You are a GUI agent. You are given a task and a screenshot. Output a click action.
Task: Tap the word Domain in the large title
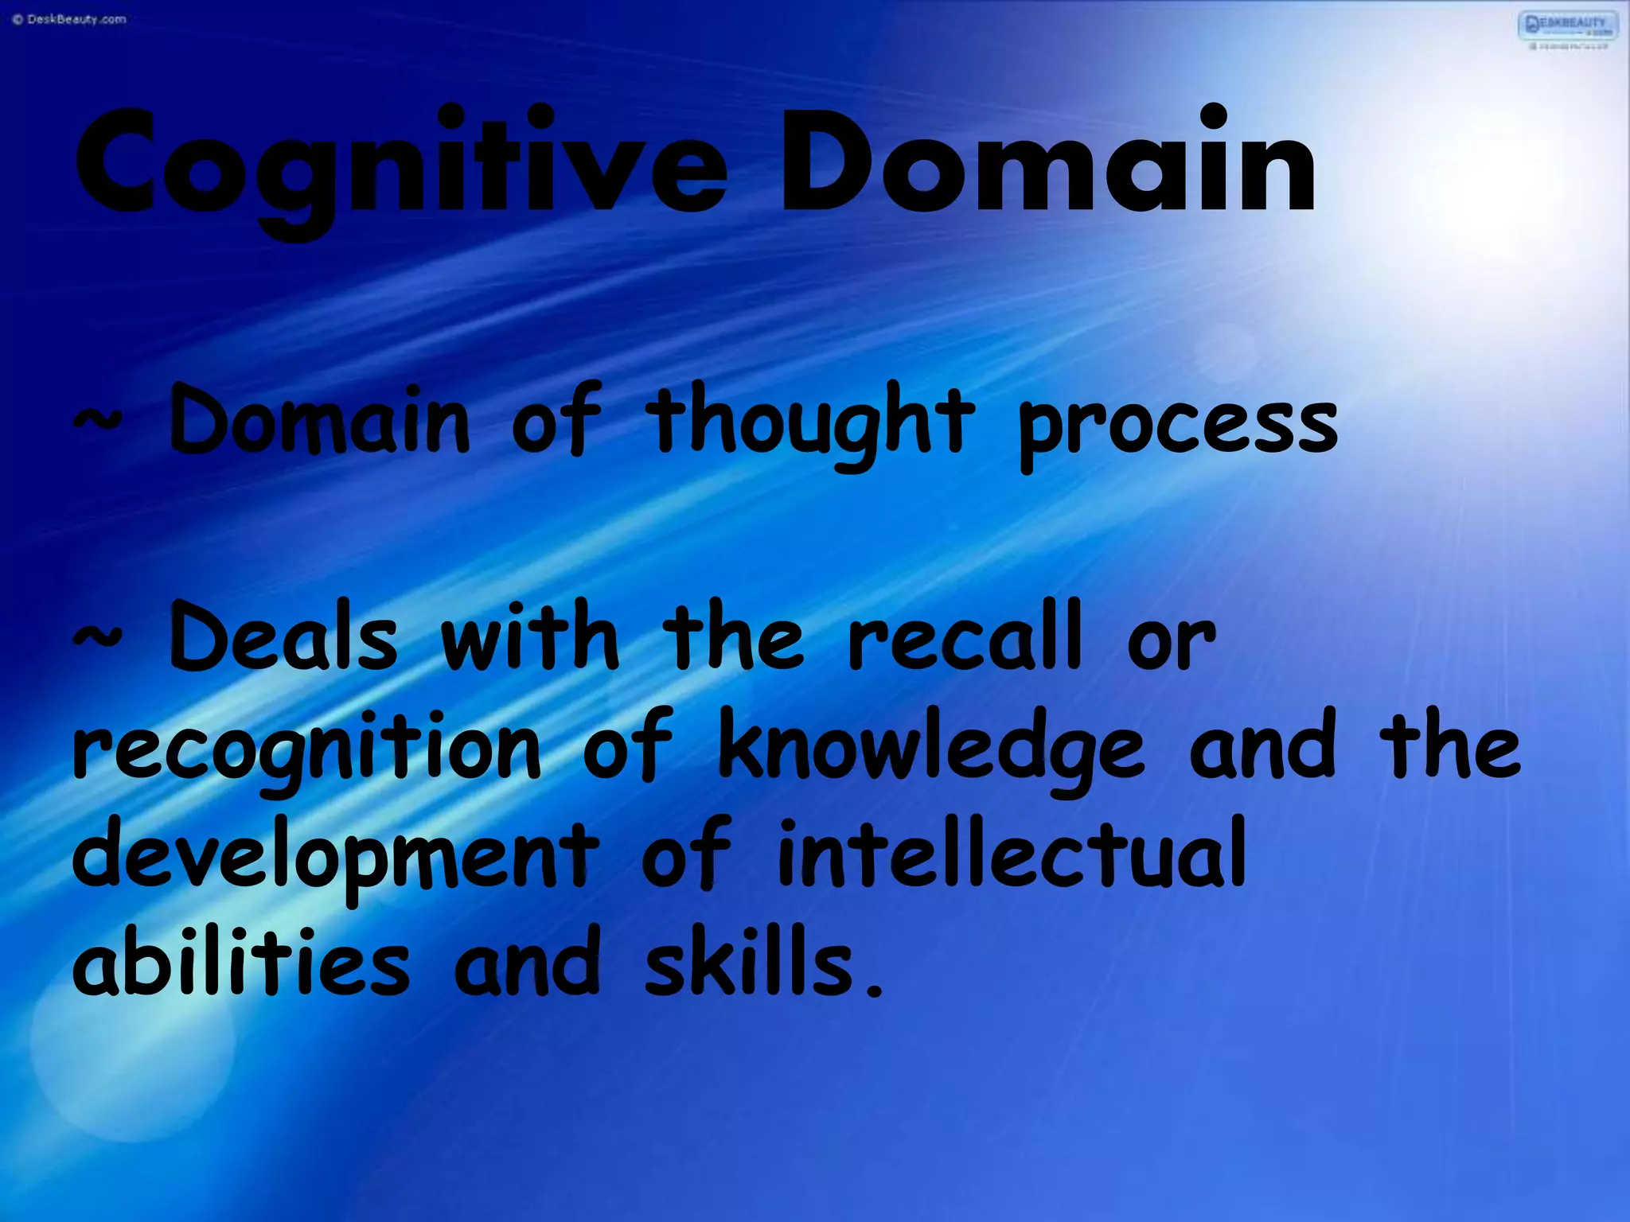[x=1047, y=163]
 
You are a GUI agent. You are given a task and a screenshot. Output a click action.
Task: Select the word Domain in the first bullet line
[x=319, y=422]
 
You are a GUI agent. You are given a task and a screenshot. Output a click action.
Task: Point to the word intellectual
[x=1011, y=855]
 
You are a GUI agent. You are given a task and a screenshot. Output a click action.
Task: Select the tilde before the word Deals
[x=98, y=636]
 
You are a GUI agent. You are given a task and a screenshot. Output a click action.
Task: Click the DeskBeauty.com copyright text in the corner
[x=69, y=19]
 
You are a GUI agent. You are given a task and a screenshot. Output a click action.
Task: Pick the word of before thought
[x=556, y=422]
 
